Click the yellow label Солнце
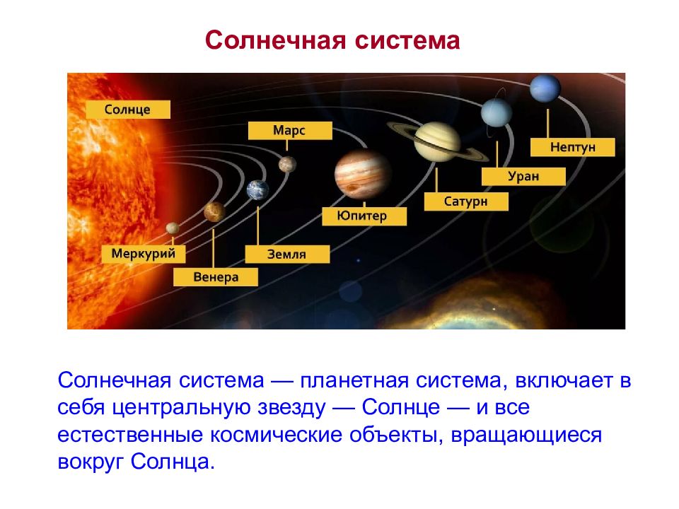pos(128,110)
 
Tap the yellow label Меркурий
pos(144,254)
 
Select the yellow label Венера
pos(216,277)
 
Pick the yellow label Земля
pos(287,254)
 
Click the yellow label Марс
pos(290,130)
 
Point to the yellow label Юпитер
pos(364,216)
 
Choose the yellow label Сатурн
pos(466,201)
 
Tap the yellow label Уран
pos(523,177)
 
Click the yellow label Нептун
pos(572,147)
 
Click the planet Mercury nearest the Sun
pos(173,228)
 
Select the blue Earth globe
pos(257,190)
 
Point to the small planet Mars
pos(288,165)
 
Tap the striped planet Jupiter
pos(363,174)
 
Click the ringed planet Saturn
pos(437,141)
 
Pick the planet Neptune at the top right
pos(545,88)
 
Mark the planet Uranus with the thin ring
pos(497,112)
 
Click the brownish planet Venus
pos(214,211)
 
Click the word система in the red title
pos(407,41)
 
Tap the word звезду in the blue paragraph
pos(291,408)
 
